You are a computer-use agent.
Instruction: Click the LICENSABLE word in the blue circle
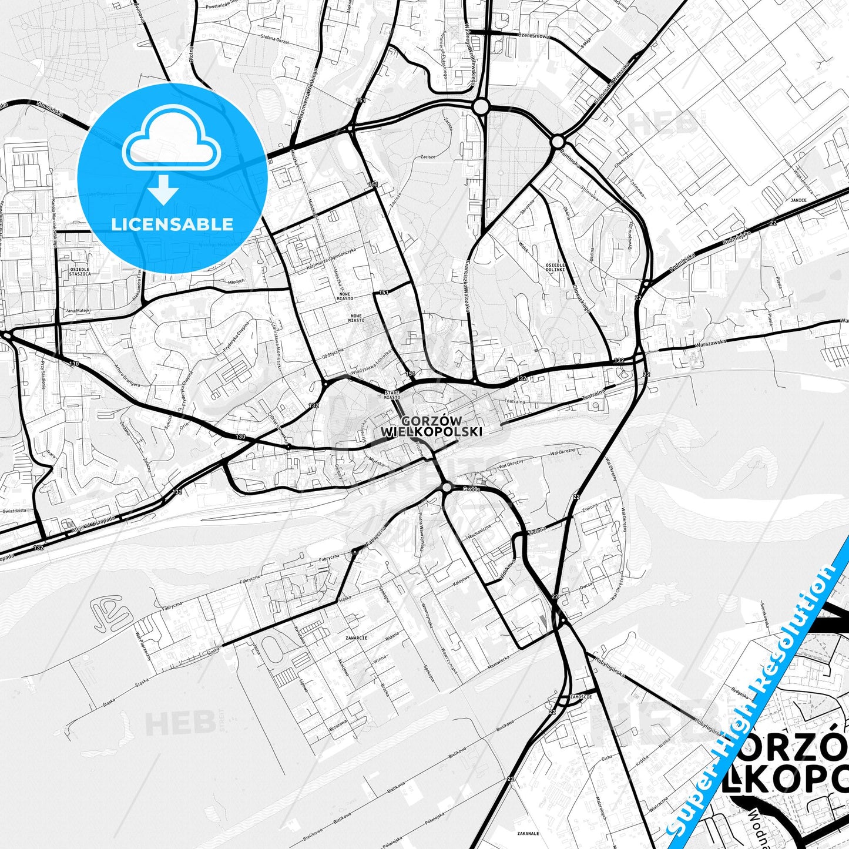point(172,224)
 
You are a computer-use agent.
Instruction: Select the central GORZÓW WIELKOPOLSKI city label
point(432,426)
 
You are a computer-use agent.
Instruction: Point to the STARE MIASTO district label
point(391,395)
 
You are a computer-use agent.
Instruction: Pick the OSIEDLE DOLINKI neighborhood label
point(555,267)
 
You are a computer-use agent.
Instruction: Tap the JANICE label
point(798,200)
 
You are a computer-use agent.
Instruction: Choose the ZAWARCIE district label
point(357,637)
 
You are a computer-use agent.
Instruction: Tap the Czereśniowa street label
point(533,35)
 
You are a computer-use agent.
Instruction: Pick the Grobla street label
point(471,489)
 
